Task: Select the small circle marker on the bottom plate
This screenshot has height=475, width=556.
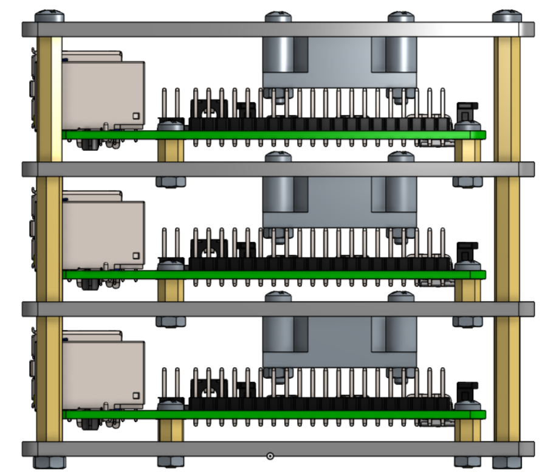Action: point(270,456)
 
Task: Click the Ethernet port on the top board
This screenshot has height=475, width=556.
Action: point(103,94)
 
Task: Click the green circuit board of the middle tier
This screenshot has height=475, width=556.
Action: point(273,275)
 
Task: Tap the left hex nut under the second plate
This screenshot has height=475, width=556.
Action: point(170,181)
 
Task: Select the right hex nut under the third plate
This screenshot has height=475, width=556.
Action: point(467,321)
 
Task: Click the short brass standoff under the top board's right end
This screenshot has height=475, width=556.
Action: point(467,151)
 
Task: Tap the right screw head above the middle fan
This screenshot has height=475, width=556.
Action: point(401,157)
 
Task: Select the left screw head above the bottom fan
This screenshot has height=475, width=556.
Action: point(278,297)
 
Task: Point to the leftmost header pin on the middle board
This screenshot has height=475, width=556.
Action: point(164,243)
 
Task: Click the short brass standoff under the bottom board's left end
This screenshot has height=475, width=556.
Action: point(170,431)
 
